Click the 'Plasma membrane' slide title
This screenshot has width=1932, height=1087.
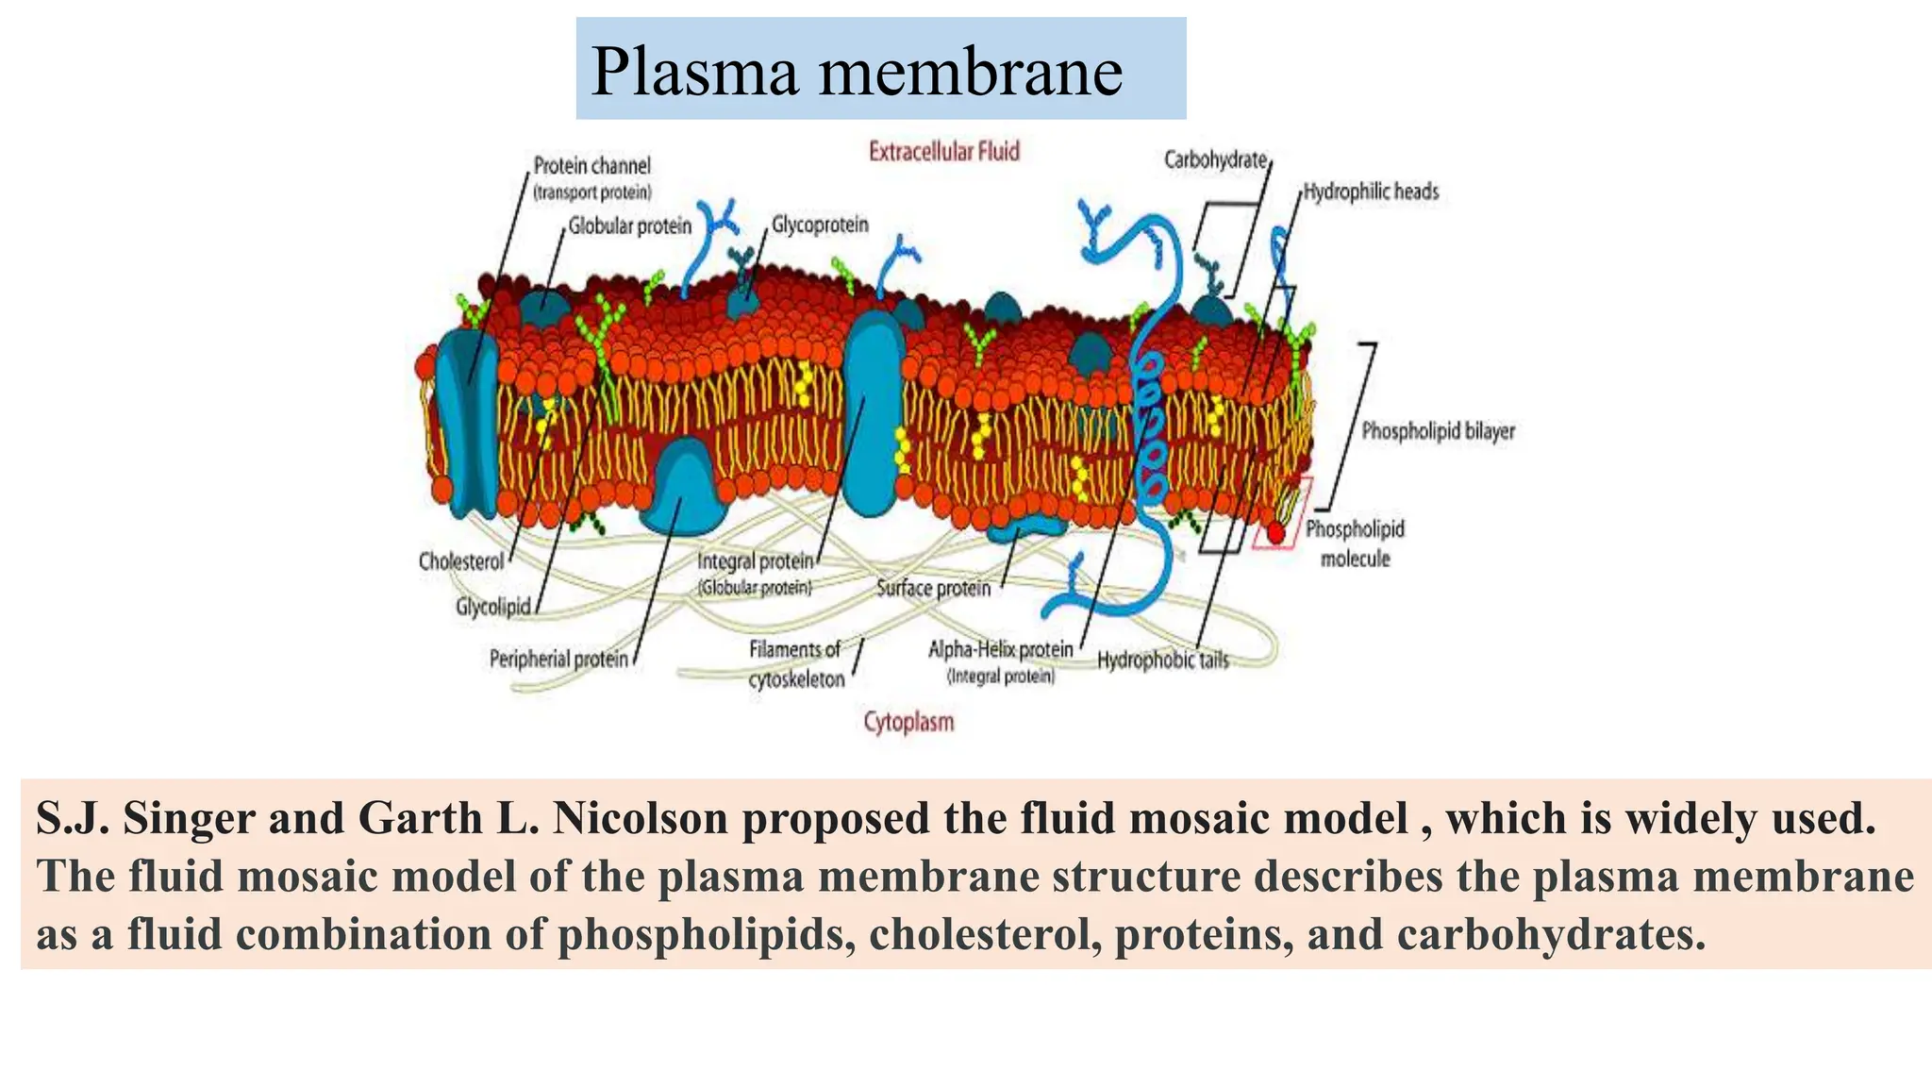[x=856, y=72]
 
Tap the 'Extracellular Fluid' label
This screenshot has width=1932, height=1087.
[x=943, y=152]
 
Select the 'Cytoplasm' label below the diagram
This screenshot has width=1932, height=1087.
[x=908, y=722]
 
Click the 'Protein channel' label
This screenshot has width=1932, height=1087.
[x=591, y=166]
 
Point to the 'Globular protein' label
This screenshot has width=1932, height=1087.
[x=629, y=226]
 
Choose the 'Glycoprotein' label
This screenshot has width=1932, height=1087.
[x=820, y=225]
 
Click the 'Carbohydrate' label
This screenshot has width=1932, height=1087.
[x=1215, y=160]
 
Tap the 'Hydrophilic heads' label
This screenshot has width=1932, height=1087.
[x=1371, y=192]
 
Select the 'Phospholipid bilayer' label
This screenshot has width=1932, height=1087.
[x=1438, y=431]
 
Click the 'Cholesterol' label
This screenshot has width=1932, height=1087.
[x=461, y=561]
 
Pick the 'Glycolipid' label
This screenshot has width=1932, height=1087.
[x=492, y=607]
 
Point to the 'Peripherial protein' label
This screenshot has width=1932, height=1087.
[x=558, y=659]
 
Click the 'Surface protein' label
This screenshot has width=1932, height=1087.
[x=933, y=589]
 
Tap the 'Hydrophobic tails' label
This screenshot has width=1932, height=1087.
[x=1163, y=661]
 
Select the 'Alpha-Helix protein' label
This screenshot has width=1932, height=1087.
[x=1001, y=649]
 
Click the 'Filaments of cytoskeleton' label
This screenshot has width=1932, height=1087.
[x=795, y=664]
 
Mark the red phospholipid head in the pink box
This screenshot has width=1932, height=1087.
[x=1275, y=534]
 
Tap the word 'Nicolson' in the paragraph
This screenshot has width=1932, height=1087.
[x=640, y=818]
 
